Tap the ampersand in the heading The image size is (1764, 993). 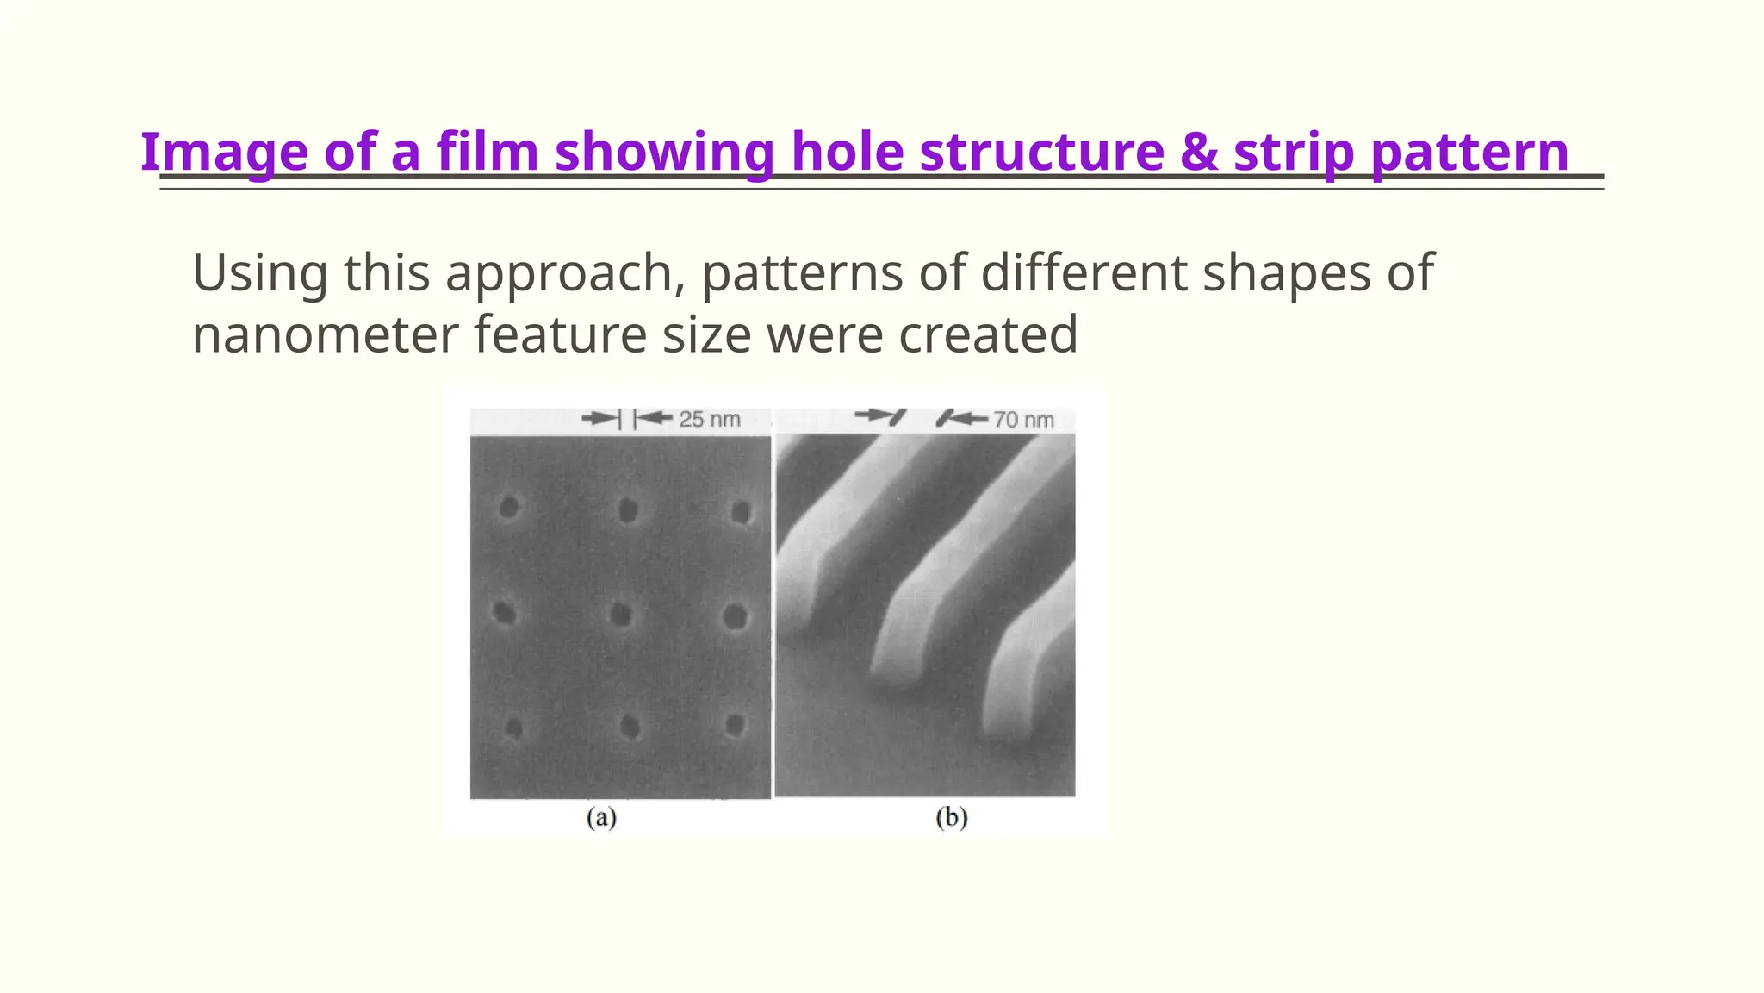(1198, 152)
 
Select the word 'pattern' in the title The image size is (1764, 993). (1469, 152)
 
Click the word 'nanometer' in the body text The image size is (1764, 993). (325, 334)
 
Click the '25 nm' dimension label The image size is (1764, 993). (709, 420)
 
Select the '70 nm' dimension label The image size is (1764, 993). (1023, 420)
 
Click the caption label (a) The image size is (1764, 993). (601, 817)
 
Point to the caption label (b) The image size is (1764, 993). (951, 817)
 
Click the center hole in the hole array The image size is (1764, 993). (620, 615)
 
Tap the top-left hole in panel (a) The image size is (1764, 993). (508, 507)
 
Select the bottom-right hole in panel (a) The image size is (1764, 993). (735, 725)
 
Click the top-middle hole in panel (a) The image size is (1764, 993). (628, 510)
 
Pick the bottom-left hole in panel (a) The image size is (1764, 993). (513, 729)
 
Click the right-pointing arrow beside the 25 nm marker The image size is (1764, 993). (599, 419)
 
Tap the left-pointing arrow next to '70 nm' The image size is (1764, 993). (964, 419)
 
